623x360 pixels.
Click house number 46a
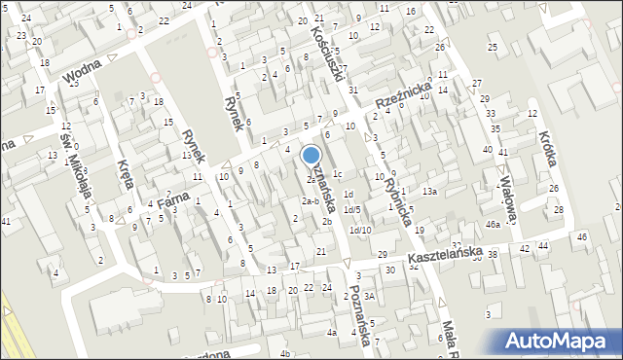494,225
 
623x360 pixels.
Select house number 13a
429,192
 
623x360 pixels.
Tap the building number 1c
337,174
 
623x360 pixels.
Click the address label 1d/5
351,209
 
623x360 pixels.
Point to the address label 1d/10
360,230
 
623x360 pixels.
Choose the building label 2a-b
310,201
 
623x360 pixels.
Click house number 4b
285,352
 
